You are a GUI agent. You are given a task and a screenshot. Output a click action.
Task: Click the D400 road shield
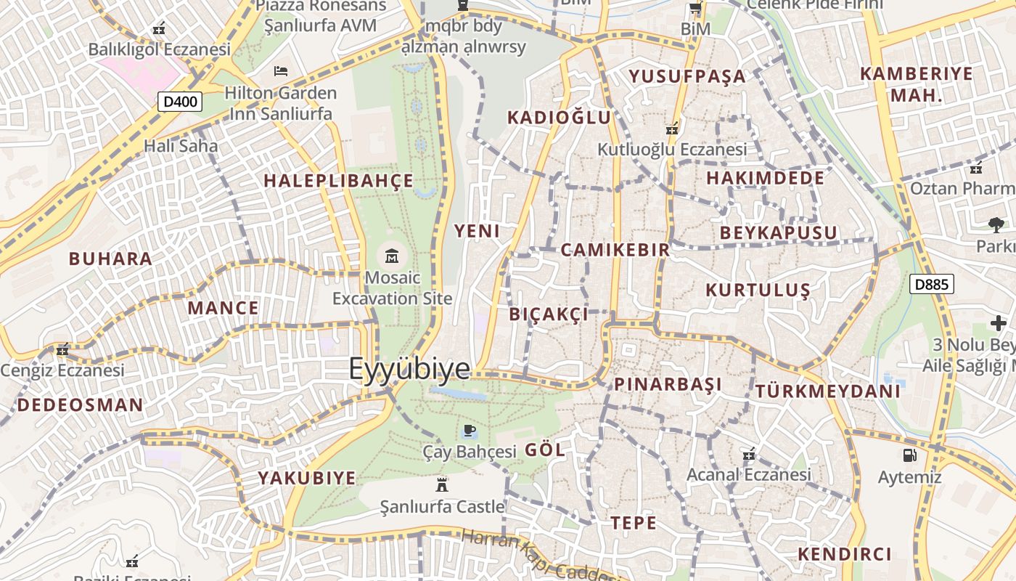(x=180, y=102)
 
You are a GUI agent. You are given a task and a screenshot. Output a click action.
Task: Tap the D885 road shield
(x=931, y=284)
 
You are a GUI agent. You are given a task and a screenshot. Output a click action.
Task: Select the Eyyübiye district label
(x=409, y=369)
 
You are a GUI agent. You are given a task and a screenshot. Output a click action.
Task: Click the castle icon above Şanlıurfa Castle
(x=441, y=484)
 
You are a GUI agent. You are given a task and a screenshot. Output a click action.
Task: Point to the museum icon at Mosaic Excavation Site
(x=392, y=256)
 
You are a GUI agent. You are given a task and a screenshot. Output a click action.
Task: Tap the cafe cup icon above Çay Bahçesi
(x=470, y=431)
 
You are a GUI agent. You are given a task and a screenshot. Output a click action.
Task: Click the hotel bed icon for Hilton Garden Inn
(x=281, y=71)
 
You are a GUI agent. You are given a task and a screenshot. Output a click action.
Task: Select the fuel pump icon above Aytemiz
(x=909, y=455)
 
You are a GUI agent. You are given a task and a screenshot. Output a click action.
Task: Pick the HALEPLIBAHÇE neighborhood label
(x=338, y=181)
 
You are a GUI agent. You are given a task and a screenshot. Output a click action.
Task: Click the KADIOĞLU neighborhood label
(x=559, y=118)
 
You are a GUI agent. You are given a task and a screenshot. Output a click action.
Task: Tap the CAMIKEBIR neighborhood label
(x=615, y=250)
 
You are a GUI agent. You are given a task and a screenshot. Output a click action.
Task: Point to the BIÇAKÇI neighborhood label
(x=549, y=314)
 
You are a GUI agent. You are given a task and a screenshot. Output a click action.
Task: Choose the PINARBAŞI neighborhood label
(x=668, y=384)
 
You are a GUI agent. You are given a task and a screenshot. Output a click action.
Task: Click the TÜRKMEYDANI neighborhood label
(x=827, y=391)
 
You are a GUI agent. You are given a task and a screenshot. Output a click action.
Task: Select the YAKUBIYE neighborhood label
(x=307, y=478)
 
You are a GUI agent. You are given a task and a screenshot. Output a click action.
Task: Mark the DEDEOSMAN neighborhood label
(x=80, y=405)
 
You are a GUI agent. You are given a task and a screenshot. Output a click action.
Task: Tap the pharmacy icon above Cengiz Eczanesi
(x=62, y=349)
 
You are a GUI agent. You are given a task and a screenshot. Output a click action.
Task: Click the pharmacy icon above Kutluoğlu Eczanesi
(x=672, y=129)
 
